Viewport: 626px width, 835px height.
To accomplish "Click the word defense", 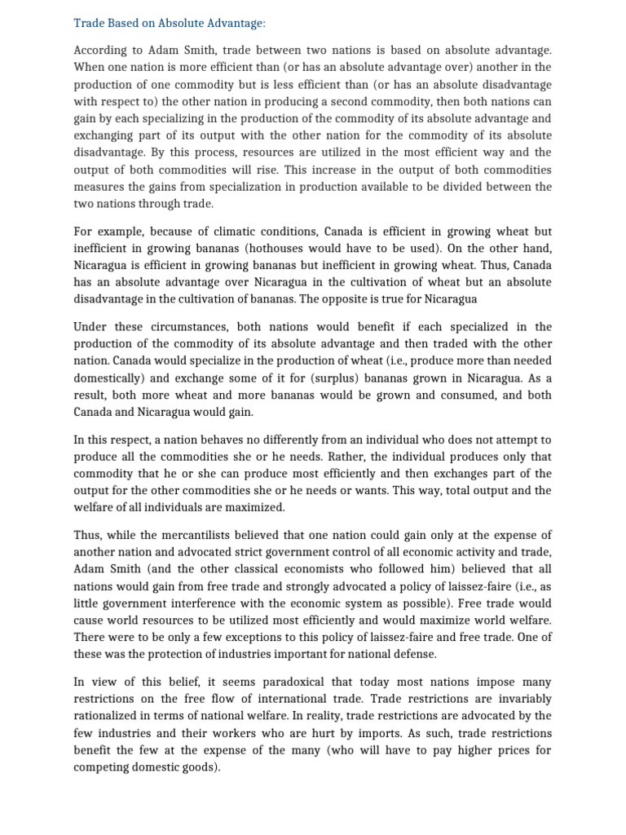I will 413,654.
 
